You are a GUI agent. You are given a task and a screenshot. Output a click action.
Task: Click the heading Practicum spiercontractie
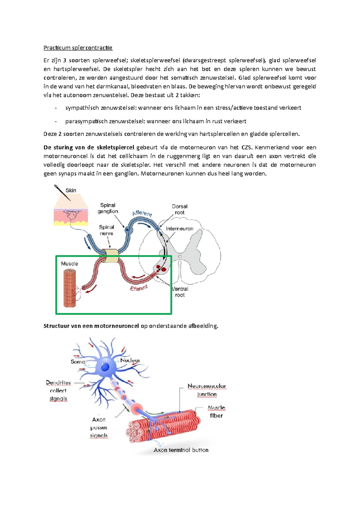tap(78, 48)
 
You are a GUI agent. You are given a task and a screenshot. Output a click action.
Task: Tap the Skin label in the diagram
tap(71, 190)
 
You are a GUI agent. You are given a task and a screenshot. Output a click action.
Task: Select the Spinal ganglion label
tap(108, 208)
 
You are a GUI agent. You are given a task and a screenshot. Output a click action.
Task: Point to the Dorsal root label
tap(179, 209)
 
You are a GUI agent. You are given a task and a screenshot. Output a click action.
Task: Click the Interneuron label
tap(179, 229)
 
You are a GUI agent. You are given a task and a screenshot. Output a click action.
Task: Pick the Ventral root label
tap(180, 292)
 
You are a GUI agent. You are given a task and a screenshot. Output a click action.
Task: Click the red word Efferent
tap(139, 288)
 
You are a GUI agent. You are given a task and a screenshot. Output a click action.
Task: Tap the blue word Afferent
tap(142, 213)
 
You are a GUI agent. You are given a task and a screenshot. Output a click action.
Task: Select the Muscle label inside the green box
tap(69, 264)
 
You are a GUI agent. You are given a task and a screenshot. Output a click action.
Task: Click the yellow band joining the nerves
tap(110, 255)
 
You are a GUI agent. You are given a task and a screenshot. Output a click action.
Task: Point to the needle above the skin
tap(62, 192)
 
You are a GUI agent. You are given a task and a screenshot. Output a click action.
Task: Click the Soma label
tap(78, 362)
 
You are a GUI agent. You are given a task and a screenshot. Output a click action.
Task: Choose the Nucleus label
tap(130, 360)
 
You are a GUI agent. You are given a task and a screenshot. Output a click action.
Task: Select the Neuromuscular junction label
tap(207, 390)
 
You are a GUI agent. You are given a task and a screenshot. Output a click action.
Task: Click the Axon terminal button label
tap(181, 450)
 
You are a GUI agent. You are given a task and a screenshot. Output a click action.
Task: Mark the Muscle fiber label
tap(216, 412)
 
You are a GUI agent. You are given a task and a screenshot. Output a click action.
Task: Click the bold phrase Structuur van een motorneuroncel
tap(91, 326)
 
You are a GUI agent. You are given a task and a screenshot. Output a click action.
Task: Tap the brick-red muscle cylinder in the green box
tap(69, 288)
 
